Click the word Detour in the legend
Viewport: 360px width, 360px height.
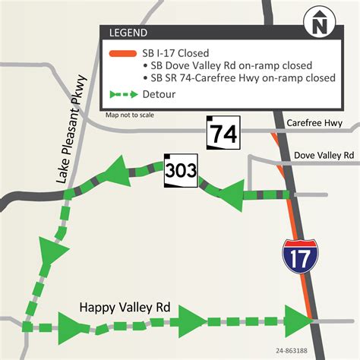[x=159, y=96]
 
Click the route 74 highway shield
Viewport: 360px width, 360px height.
[x=223, y=134]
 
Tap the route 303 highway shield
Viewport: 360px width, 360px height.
[x=180, y=172]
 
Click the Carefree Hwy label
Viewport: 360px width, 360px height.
[x=314, y=123]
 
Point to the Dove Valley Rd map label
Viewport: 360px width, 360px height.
[x=326, y=154]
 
